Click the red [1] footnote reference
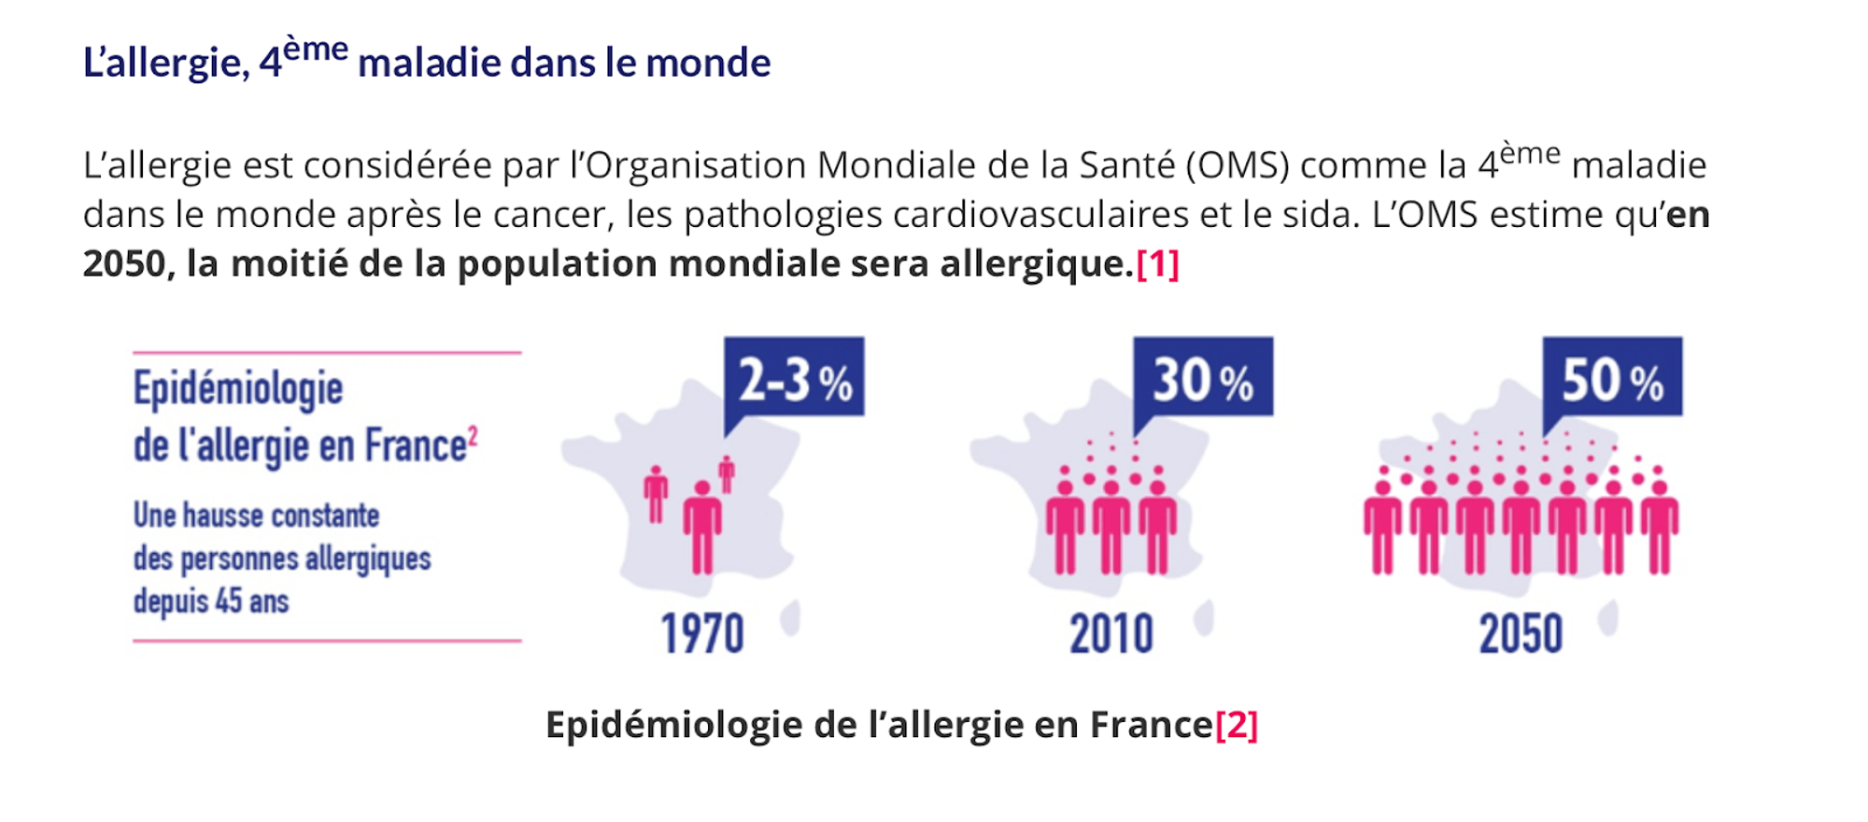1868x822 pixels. click(1157, 264)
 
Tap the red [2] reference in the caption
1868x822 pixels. click(1237, 725)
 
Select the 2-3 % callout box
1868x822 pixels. click(794, 377)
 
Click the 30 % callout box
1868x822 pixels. click(1203, 377)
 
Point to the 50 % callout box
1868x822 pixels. click(1612, 377)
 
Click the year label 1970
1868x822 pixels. click(702, 634)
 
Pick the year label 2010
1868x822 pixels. click(1111, 634)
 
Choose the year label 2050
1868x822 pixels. click(1521, 634)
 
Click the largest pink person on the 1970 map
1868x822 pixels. click(702, 528)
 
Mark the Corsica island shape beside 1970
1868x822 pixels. click(792, 617)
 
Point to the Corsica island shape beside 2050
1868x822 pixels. click(1608, 617)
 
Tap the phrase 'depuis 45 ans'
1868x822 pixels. click(211, 601)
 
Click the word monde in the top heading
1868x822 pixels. click(708, 63)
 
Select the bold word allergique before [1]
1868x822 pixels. click(1036, 264)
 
